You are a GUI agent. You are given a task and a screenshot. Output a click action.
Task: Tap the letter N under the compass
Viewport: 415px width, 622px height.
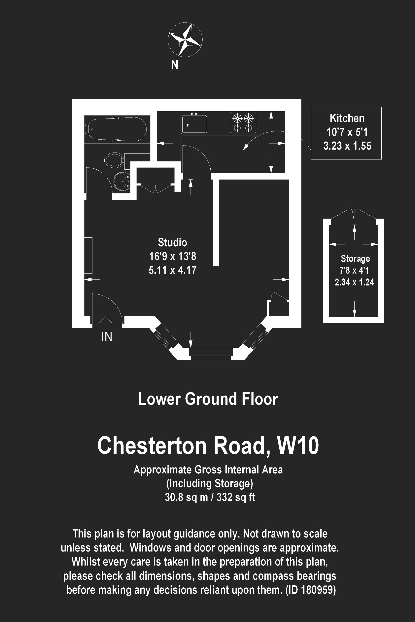tap(175, 64)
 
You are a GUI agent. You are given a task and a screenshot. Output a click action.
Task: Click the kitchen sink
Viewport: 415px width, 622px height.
tap(194, 124)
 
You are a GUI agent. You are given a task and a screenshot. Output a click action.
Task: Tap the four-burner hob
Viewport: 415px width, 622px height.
tap(243, 123)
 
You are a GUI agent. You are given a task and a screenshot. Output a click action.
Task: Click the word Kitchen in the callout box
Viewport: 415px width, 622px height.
tap(347, 118)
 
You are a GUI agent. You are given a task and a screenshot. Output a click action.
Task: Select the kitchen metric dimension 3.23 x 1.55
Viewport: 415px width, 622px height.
tap(347, 146)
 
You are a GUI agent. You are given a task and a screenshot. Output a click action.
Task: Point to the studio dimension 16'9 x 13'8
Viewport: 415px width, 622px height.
tap(172, 256)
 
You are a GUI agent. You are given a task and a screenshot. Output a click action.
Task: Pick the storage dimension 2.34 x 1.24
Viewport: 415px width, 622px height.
tap(354, 282)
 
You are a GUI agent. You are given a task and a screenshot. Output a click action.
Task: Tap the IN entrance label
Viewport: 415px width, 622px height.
tap(107, 337)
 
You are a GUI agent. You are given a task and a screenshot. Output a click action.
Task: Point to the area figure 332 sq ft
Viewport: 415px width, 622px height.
tap(236, 497)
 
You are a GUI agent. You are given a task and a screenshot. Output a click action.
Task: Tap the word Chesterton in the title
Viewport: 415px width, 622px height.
tap(152, 445)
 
